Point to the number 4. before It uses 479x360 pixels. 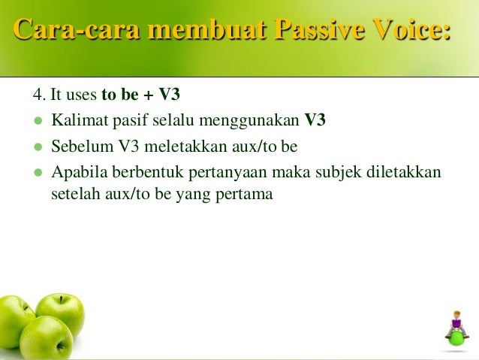[x=39, y=96]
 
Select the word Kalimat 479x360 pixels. [x=76, y=120]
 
